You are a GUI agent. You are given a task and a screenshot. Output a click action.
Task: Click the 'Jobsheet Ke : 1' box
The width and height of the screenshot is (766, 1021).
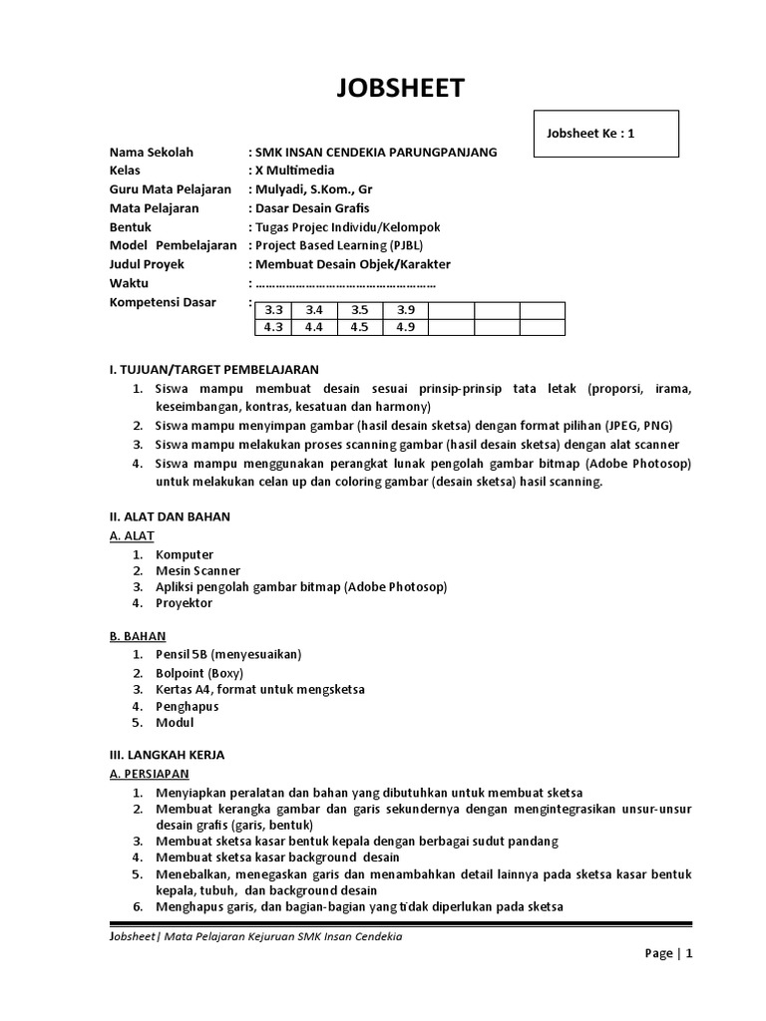(606, 134)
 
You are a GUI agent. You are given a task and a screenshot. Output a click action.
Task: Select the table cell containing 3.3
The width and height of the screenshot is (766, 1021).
(273, 310)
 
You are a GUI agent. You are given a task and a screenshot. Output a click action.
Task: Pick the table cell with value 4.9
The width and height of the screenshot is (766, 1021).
(405, 326)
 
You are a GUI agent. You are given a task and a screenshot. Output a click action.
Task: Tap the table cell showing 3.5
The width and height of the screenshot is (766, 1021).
(360, 310)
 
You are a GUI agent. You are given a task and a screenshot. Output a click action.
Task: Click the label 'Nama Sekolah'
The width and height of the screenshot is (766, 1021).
(152, 153)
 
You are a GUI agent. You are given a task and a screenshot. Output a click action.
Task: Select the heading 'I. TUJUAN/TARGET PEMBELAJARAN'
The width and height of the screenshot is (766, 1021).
(213, 369)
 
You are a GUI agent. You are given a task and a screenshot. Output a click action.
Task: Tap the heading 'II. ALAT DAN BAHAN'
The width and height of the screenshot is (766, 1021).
(170, 516)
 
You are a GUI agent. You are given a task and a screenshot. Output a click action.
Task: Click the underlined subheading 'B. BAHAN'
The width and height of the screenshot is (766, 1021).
(138, 636)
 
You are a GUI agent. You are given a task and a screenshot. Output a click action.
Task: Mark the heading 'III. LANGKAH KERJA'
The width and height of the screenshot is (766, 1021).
(167, 755)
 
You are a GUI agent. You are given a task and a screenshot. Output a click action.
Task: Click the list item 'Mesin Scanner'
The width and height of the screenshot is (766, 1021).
(197, 571)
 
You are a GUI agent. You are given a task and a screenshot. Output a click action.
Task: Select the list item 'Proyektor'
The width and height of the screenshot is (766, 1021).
(185, 603)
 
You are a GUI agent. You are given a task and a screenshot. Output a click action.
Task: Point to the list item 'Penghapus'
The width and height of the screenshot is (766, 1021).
(187, 706)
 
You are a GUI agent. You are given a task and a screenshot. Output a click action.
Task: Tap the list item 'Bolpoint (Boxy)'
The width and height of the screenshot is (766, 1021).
(199, 673)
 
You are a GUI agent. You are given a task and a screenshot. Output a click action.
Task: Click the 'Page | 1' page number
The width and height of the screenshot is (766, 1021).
(668, 953)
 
